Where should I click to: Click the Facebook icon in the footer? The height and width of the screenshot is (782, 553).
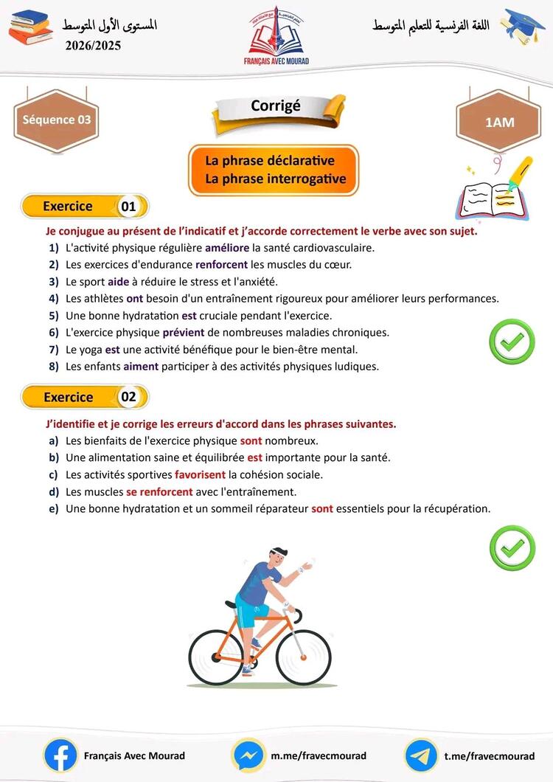[x=61, y=755]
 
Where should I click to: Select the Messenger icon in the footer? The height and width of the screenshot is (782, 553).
[x=248, y=755]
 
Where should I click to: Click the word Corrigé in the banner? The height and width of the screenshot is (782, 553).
[x=276, y=105]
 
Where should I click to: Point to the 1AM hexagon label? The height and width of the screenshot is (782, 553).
[x=499, y=122]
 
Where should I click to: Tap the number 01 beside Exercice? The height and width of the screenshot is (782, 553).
[x=128, y=207]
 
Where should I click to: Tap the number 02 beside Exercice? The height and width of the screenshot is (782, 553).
[x=129, y=397]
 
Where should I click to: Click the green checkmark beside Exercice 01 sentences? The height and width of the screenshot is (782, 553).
[x=512, y=341]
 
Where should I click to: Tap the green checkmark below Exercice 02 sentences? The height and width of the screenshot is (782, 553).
[x=512, y=547]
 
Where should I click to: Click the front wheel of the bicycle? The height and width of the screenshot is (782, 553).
[x=304, y=656]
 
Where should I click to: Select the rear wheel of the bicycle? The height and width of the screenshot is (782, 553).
[x=215, y=657]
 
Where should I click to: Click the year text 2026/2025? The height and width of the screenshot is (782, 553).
[x=93, y=46]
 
